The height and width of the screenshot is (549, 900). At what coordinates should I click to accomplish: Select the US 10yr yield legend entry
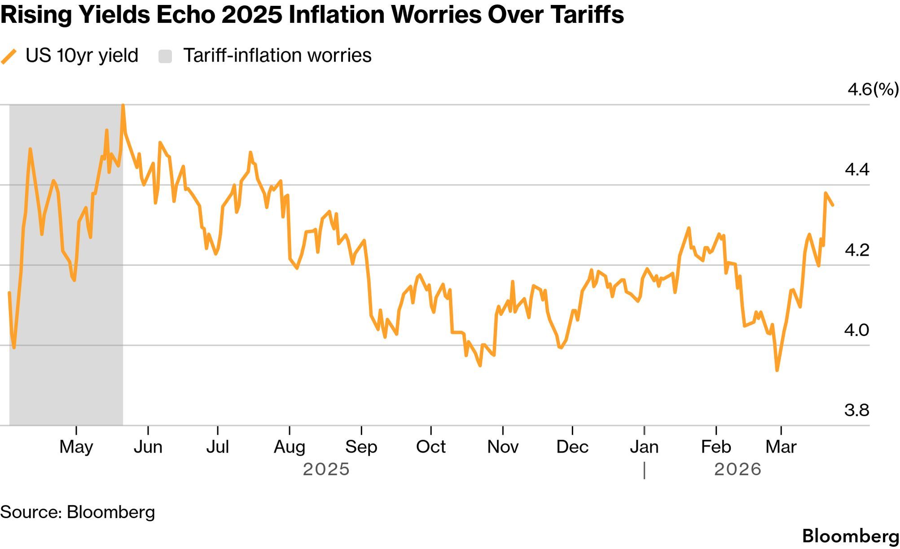tap(81, 56)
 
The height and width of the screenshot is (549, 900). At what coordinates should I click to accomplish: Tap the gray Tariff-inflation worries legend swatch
tap(165, 56)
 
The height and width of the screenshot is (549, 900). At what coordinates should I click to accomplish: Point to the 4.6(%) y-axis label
tap(873, 89)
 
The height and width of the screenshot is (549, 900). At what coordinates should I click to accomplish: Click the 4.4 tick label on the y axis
tap(856, 170)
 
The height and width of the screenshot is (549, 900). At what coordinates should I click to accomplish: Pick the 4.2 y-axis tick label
tap(856, 250)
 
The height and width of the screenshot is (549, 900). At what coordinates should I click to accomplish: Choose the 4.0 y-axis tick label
tap(856, 330)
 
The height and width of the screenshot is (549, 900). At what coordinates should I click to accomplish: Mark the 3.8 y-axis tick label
tap(856, 410)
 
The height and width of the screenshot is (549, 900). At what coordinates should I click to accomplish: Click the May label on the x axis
tap(76, 447)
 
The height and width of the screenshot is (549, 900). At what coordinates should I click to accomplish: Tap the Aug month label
tap(290, 447)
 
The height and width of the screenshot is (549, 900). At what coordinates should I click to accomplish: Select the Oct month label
tap(431, 447)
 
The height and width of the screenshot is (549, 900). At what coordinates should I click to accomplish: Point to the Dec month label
tap(572, 447)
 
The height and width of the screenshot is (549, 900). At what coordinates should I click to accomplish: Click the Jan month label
tap(644, 447)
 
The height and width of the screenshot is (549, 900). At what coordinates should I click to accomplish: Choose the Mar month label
tap(781, 447)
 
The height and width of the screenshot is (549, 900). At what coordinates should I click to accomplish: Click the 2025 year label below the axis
tap(326, 470)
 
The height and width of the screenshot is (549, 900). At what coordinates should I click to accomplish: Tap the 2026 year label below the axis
tap(738, 470)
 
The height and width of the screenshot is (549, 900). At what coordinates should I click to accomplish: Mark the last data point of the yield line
tap(833, 205)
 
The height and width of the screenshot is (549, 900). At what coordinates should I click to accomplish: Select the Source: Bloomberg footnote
tap(78, 512)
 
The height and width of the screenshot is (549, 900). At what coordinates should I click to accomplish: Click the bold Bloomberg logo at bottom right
tap(850, 536)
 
